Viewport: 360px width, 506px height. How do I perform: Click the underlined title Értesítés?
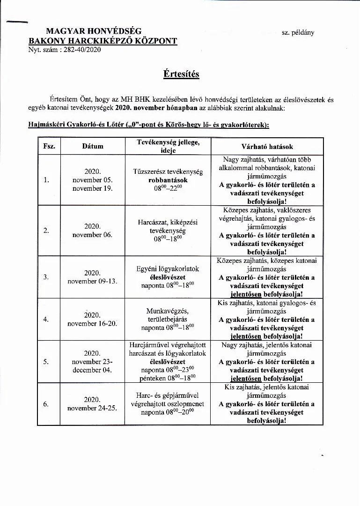tap(181, 74)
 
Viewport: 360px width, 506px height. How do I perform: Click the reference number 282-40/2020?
tap(80, 49)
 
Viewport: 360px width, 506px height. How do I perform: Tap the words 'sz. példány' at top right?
tap(298, 32)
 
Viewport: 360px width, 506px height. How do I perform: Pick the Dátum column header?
tap(93, 146)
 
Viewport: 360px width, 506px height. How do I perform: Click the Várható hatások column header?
tap(267, 147)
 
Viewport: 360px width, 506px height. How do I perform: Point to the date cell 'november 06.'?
tap(92, 235)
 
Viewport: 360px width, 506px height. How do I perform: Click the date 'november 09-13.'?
tap(92, 282)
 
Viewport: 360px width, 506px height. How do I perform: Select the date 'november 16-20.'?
tap(92, 323)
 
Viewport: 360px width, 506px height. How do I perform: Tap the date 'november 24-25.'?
tap(92, 408)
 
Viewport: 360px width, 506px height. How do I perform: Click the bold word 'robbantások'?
tap(168, 180)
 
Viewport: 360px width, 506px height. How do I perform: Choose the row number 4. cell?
tap(46, 320)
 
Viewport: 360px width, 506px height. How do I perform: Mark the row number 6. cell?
tap(46, 404)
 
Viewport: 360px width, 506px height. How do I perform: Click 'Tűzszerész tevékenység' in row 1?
tap(168, 172)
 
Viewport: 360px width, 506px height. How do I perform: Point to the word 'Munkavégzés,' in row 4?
tap(168, 311)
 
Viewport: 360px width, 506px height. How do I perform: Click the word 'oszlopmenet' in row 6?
tap(185, 404)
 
